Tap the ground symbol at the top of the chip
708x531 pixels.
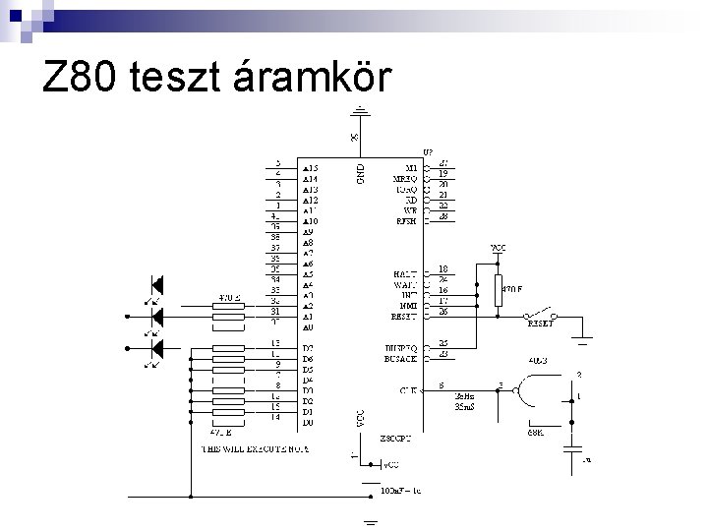point(363,113)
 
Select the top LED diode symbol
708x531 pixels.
point(154,286)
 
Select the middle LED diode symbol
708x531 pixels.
point(154,316)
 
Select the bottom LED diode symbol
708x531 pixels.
point(154,346)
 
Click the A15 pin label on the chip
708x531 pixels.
point(310,168)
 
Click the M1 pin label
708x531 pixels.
point(411,168)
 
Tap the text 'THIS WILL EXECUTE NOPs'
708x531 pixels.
point(255,447)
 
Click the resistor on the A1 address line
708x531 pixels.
point(227,316)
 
